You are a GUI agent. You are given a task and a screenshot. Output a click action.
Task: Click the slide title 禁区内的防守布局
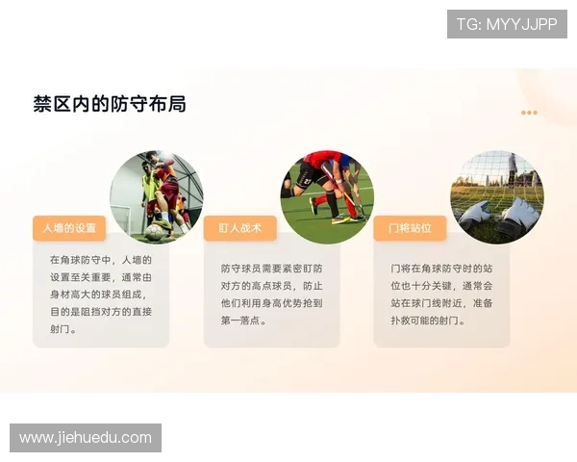point(110,105)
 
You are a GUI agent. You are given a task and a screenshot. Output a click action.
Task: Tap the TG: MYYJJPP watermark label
point(506,24)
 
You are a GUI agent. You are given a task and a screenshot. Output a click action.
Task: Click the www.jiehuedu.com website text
point(86,438)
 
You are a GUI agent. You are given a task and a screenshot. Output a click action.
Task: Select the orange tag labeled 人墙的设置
point(69,228)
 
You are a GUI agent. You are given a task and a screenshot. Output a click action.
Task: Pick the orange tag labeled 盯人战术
point(239,228)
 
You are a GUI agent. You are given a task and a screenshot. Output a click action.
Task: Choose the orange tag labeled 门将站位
point(410,228)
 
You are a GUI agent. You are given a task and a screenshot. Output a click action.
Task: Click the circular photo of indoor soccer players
point(157,196)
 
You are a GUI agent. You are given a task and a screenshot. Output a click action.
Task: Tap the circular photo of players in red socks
point(327,196)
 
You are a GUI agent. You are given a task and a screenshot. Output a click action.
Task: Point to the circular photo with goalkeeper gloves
point(497,196)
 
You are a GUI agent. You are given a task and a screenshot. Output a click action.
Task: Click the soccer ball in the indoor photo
point(154,232)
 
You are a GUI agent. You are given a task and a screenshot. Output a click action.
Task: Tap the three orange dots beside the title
point(529,113)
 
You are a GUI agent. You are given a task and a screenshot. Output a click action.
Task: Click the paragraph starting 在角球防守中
point(101,294)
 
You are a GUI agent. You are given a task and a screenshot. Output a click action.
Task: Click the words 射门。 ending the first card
point(63,328)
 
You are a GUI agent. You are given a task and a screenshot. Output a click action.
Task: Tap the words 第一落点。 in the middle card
point(243,321)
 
